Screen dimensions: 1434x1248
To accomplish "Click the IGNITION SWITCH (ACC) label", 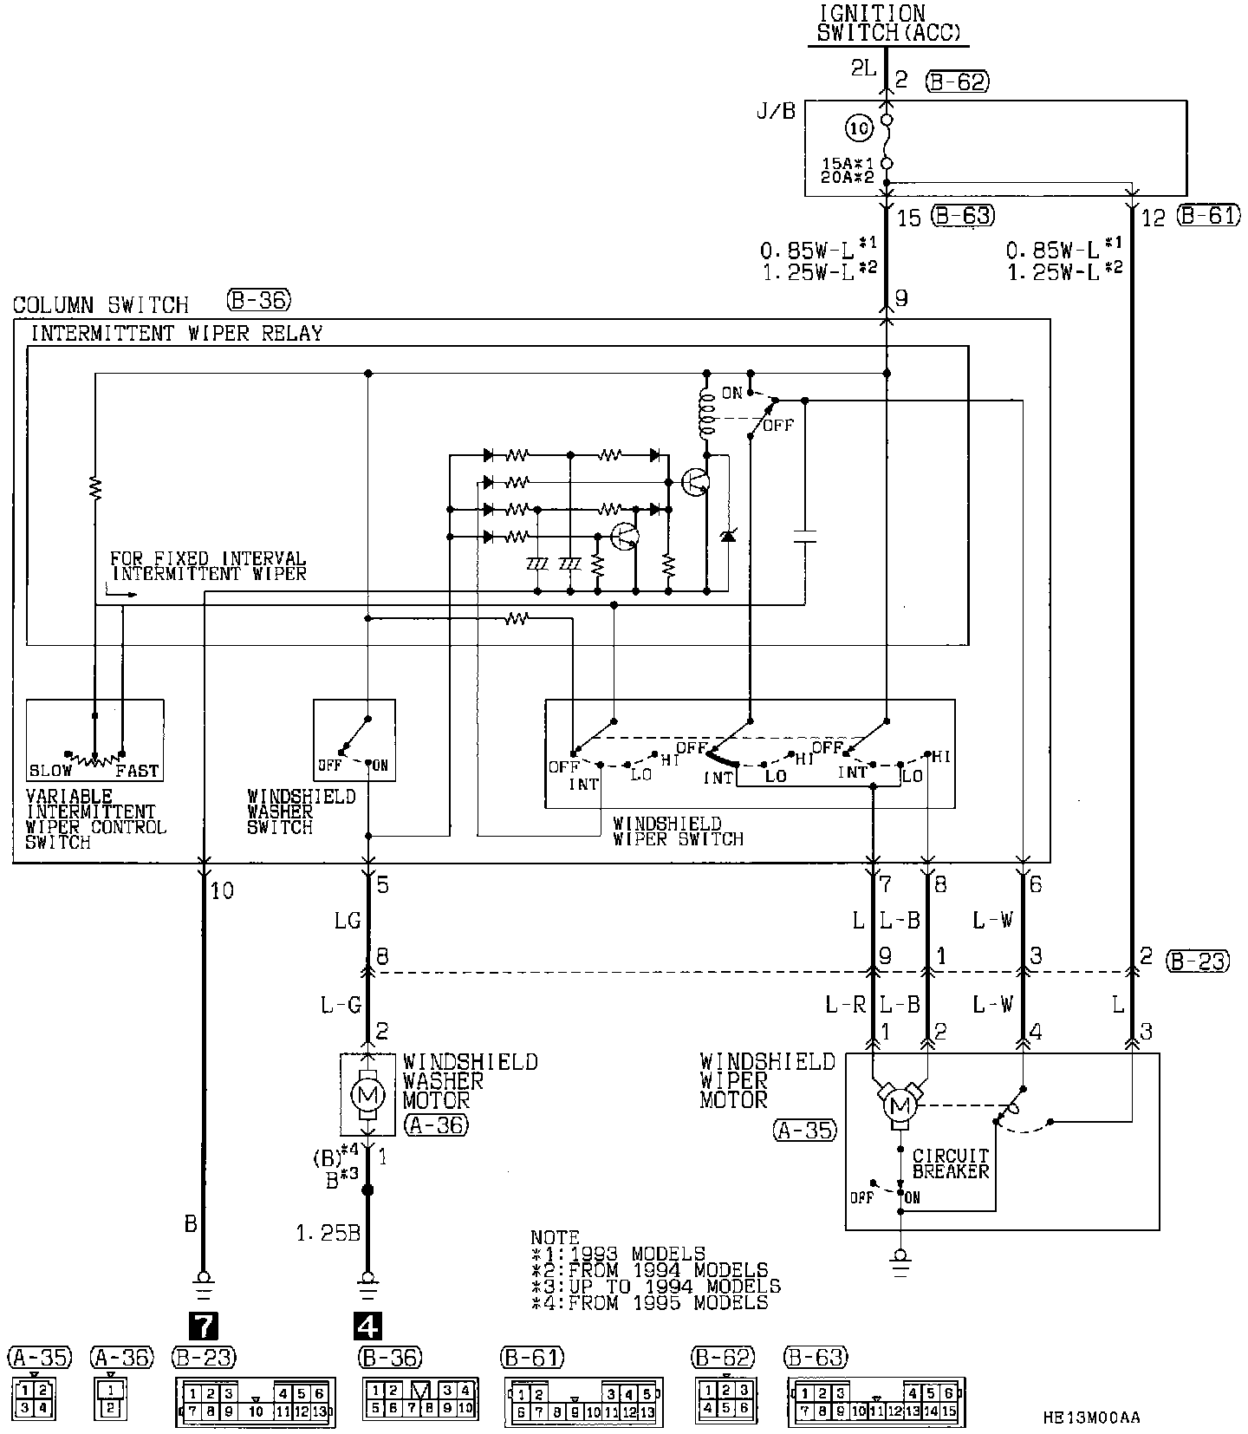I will [x=888, y=24].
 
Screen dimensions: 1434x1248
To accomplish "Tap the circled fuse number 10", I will [x=858, y=129].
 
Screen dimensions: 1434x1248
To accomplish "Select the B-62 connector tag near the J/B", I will [x=957, y=81].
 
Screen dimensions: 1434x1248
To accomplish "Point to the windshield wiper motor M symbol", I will [x=899, y=1105].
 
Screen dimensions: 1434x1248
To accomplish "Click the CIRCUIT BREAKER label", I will [x=950, y=1163].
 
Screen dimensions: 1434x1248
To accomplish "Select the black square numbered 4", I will [x=367, y=1326].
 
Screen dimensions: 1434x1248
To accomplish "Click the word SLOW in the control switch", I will [x=50, y=771].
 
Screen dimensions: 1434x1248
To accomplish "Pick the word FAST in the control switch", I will [x=137, y=771].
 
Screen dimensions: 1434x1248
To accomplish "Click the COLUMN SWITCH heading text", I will [x=101, y=305].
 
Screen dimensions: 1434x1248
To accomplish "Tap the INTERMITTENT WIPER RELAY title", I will [x=177, y=333].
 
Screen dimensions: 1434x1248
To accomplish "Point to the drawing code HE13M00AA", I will [x=1092, y=1418].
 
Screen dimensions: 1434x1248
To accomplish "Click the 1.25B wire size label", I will [x=328, y=1233].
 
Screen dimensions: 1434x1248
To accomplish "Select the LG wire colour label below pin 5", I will [x=347, y=921].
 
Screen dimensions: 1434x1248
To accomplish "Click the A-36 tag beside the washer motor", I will [x=435, y=1124].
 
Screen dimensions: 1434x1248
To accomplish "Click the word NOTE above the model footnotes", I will [x=555, y=1238].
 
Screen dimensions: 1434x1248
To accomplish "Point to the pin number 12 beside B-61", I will [x=1154, y=218].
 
